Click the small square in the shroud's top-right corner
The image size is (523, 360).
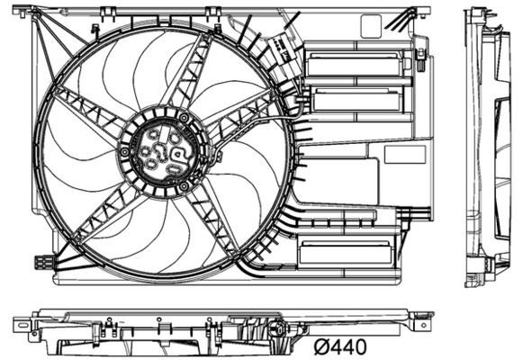pos(371,26)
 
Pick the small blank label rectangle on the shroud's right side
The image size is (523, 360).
pos(404,154)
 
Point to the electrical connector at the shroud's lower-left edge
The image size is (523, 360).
pos(41,263)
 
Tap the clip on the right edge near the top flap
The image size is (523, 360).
pos(420,59)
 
